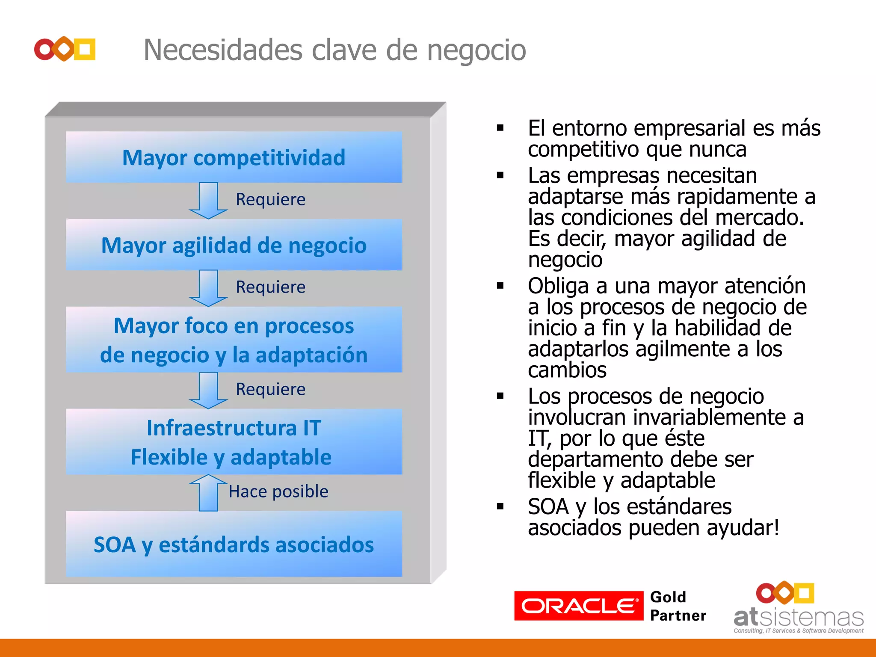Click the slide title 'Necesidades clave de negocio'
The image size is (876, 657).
[x=334, y=50]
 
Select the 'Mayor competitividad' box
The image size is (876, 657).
[x=234, y=157]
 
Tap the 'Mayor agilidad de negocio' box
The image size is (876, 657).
[x=234, y=245]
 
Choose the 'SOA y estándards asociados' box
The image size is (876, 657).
[x=234, y=544]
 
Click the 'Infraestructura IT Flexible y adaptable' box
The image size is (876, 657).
[x=234, y=442]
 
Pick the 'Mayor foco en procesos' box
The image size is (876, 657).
[x=234, y=340]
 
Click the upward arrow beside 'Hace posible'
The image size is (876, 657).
[x=208, y=493]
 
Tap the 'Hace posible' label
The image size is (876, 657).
[x=278, y=491]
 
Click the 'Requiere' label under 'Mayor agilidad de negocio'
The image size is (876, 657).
[x=271, y=287]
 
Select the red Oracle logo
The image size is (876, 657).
[x=578, y=606]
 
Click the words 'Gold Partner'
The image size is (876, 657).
[x=678, y=606]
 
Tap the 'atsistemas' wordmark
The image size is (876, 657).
[x=798, y=617]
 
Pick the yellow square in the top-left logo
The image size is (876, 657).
[x=85, y=49]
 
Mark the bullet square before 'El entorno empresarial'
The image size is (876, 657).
[x=500, y=127]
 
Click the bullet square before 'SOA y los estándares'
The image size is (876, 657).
[x=500, y=506]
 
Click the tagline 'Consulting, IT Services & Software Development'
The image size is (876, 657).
[x=798, y=630]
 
